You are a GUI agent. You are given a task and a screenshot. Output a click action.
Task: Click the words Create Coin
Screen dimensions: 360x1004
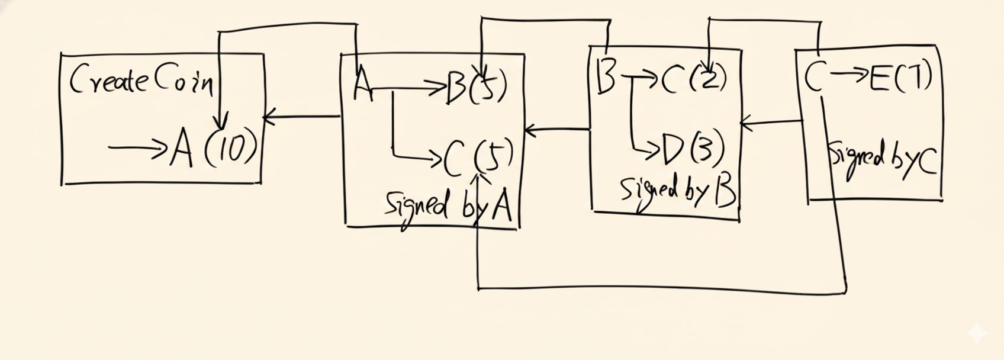[x=142, y=81]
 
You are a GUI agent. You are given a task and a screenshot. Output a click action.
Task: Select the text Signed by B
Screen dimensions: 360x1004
[x=677, y=191]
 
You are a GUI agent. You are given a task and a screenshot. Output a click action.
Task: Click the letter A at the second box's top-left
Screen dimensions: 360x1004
[x=362, y=85]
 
